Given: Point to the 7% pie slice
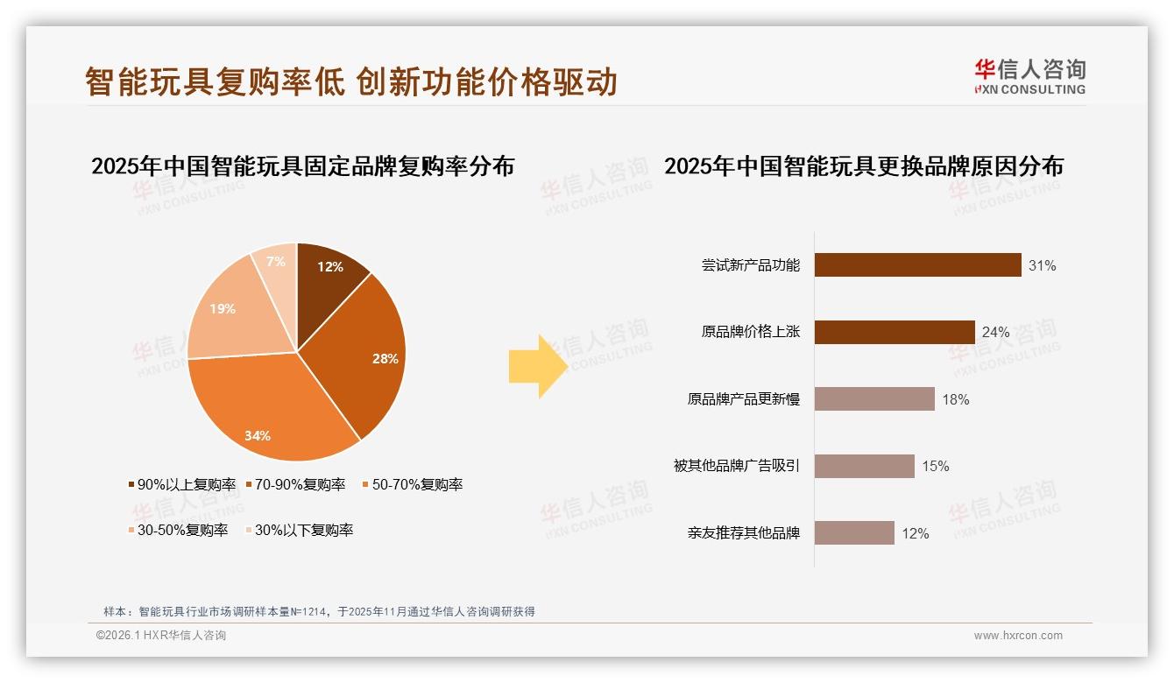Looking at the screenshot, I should pos(276,263).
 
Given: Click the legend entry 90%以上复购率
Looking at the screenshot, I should pos(181,484).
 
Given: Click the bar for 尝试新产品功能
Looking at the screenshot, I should pos(917,264).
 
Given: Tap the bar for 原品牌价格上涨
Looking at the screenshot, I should pos(895,332).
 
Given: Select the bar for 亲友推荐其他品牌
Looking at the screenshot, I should pos(854,532).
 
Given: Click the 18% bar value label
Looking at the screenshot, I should pos(955,399).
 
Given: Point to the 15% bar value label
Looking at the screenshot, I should pos(935,466).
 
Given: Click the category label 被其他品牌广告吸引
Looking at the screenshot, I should pos(736,466).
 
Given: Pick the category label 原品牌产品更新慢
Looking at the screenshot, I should pos(743,399).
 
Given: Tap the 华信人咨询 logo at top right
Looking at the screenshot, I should pos(1029,76).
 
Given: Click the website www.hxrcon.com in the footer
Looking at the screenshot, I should pos(1018,636).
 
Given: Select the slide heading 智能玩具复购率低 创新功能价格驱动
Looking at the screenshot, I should pos(350,81).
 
